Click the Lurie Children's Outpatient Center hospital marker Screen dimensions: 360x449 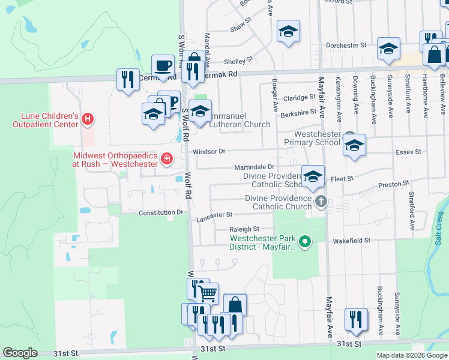88,119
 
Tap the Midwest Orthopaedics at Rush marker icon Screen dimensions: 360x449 166,159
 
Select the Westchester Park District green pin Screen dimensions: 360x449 305,242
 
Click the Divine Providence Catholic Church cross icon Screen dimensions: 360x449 321,201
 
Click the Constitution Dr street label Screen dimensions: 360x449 160,212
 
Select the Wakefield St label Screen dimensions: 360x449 351,240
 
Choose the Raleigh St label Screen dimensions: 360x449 244,229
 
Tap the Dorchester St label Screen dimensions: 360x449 346,45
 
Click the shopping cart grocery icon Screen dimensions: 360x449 207,293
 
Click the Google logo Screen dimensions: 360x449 20,353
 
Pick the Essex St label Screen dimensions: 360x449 408,152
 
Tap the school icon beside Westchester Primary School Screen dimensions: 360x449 354,145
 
